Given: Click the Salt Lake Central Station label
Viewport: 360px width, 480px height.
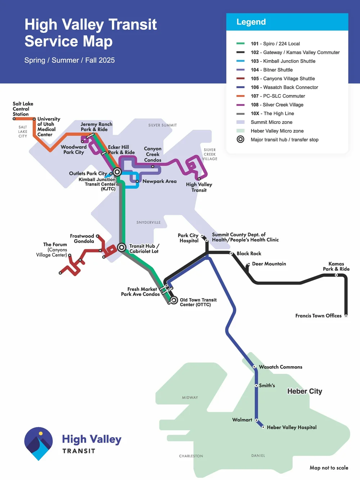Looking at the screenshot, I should click(23, 109).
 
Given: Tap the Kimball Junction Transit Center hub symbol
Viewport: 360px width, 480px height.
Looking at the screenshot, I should click(117, 172).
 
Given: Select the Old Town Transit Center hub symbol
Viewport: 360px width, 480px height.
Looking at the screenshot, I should click(174, 300).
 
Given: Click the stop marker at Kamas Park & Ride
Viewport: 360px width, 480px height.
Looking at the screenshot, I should click(336, 275).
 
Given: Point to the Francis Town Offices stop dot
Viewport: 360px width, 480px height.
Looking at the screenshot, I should click(346, 316).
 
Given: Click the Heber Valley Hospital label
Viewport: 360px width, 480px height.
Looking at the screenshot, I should click(292, 427).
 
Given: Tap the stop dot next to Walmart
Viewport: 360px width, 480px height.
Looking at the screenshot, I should click(256, 420).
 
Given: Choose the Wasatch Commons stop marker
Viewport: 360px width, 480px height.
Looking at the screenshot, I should click(254, 367).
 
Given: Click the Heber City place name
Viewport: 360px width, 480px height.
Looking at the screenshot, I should click(305, 391).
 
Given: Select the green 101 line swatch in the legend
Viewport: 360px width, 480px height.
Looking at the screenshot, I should click(240, 44).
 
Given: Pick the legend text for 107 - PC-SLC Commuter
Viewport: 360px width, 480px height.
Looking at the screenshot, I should click(278, 96).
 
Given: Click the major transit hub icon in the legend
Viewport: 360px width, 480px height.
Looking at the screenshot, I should click(240, 139).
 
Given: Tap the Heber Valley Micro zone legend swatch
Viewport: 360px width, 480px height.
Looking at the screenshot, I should click(240, 131).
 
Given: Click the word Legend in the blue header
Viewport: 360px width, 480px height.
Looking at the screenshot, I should click(251, 22).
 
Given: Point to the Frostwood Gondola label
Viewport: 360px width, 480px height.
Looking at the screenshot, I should click(82, 239).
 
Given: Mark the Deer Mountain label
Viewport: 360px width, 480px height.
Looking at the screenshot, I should click(269, 264).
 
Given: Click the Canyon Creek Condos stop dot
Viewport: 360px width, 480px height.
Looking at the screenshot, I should click(153, 166).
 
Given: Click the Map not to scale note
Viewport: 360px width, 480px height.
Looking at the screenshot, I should click(329, 468).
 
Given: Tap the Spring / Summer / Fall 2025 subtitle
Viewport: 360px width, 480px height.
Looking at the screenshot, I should click(69, 60).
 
